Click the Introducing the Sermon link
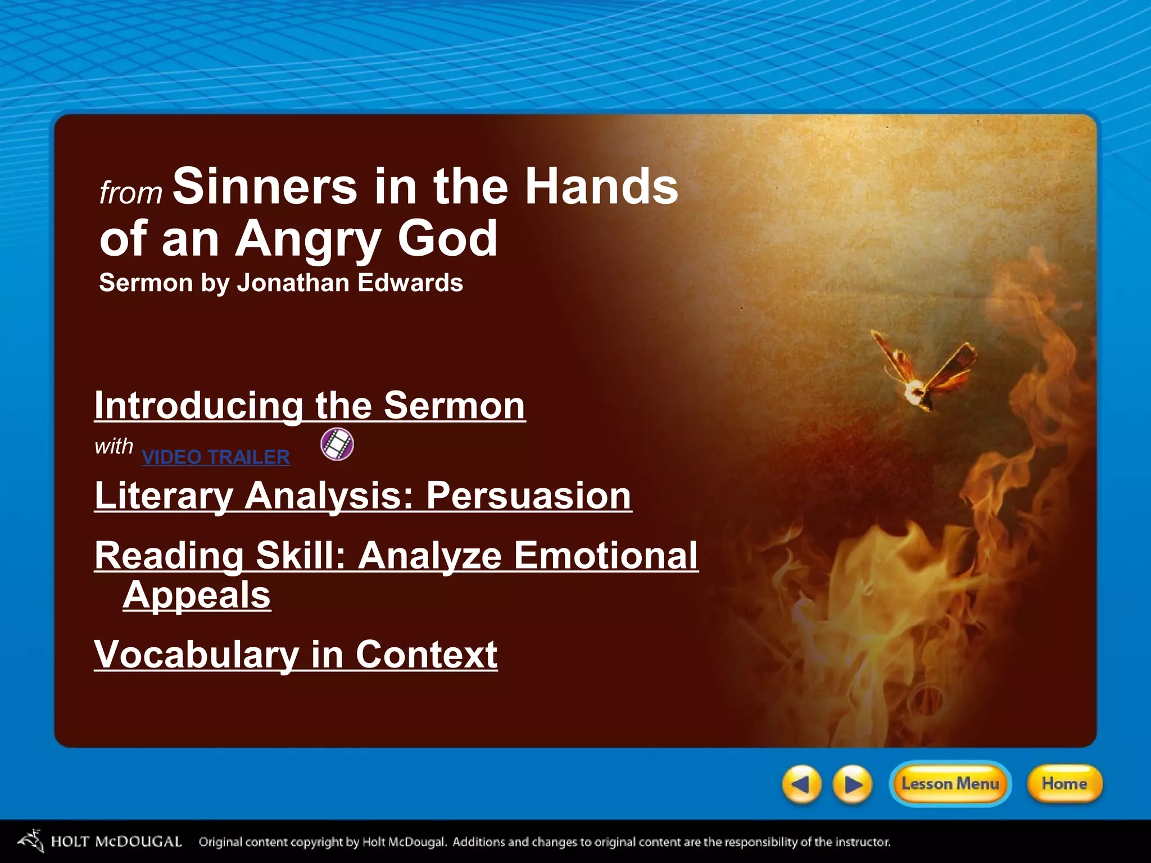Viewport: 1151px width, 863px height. (310, 406)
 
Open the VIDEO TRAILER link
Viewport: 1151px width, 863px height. (216, 457)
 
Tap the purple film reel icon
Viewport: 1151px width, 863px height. (337, 444)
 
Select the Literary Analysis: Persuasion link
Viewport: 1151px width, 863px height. (363, 496)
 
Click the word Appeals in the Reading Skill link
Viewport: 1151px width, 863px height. (197, 595)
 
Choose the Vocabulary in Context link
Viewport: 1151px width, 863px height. (296, 655)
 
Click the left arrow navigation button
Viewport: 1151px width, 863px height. (801, 784)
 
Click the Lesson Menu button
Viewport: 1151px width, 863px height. (950, 784)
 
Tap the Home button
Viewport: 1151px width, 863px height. (1064, 784)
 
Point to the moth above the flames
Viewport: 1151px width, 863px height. (922, 374)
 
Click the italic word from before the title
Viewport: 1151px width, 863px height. (130, 193)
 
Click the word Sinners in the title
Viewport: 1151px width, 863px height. (265, 187)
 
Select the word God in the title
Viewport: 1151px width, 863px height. (447, 239)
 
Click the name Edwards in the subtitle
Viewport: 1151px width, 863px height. (410, 283)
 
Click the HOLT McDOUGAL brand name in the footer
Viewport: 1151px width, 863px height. (116, 842)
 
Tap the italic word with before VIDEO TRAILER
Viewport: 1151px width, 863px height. (114, 447)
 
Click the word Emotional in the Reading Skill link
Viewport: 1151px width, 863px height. (606, 556)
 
